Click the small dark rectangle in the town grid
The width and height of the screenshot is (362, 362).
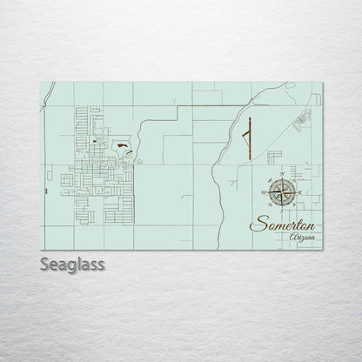pos(93,141)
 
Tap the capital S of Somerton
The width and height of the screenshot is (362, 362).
pos(256,224)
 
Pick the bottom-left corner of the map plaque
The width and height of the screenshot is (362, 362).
pos(42,250)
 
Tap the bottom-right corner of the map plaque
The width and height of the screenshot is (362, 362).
pos(324,250)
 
